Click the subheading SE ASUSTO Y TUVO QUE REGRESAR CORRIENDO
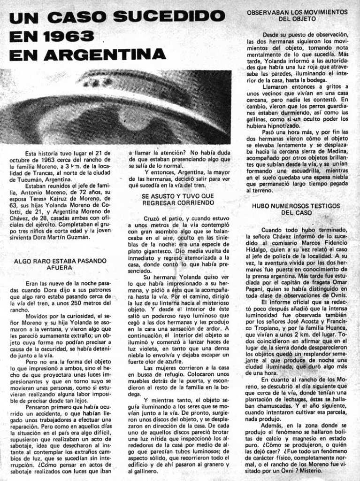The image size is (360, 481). click(178, 199)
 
